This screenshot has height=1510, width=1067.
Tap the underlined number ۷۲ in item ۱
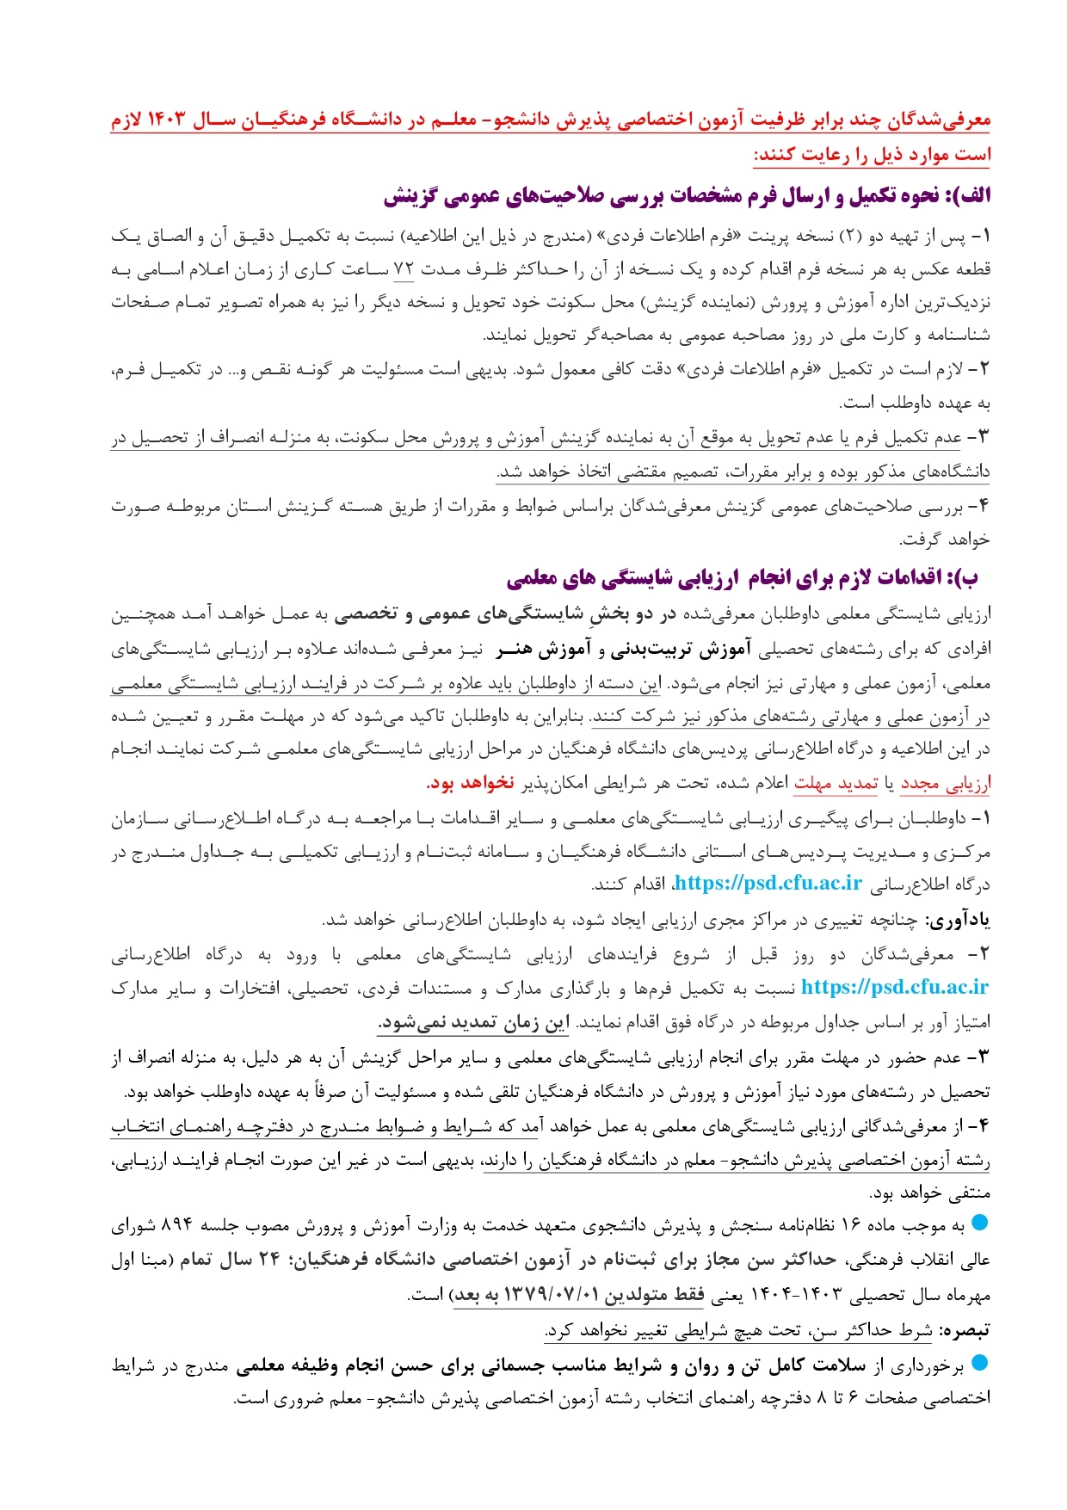(404, 269)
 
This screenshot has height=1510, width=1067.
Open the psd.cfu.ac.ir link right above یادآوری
(768, 884)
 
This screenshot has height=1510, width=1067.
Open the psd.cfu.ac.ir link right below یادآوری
(894, 987)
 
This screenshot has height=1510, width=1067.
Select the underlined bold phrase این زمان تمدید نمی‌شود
(474, 1022)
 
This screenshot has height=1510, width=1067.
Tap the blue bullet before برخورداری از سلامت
(980, 1363)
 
